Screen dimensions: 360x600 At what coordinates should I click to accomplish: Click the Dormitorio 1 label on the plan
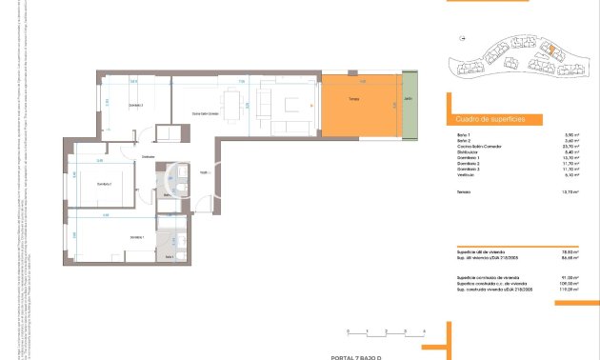(x=137, y=236)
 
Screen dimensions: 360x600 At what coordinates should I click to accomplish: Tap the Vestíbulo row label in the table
(x=467, y=173)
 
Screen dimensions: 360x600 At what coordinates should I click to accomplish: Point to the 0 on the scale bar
(x=349, y=330)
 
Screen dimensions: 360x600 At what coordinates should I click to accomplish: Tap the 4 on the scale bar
(x=423, y=330)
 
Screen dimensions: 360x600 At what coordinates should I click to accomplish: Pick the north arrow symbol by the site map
(x=461, y=38)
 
